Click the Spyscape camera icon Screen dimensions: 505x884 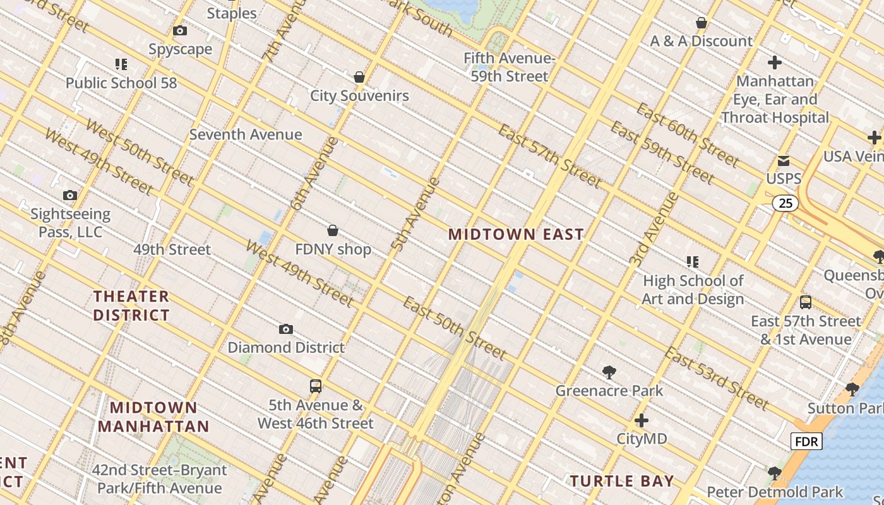(x=180, y=30)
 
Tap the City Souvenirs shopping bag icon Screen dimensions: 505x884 (x=359, y=77)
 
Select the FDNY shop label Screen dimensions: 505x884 (x=333, y=249)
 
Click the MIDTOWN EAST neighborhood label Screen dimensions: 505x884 (x=516, y=234)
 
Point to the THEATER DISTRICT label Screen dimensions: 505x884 (x=131, y=306)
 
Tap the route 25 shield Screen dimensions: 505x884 (x=785, y=203)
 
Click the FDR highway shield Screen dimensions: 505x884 (x=806, y=441)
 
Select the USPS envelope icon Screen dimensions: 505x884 (x=784, y=160)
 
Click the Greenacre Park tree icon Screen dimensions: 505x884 (x=609, y=372)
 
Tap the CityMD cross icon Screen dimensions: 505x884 (x=642, y=420)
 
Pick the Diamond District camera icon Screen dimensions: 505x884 (x=286, y=329)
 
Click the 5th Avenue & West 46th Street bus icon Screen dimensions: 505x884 (x=316, y=386)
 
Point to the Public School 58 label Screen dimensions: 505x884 (x=121, y=83)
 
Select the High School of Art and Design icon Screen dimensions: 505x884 (x=693, y=261)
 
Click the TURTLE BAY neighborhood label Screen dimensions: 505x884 (x=622, y=481)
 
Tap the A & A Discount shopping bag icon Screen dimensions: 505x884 (x=701, y=23)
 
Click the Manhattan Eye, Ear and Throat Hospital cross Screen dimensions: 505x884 (x=775, y=62)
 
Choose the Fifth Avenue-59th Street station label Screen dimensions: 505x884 (x=509, y=68)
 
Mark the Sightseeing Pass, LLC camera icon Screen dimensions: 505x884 (x=70, y=196)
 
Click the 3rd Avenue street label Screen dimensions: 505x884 (x=654, y=229)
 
